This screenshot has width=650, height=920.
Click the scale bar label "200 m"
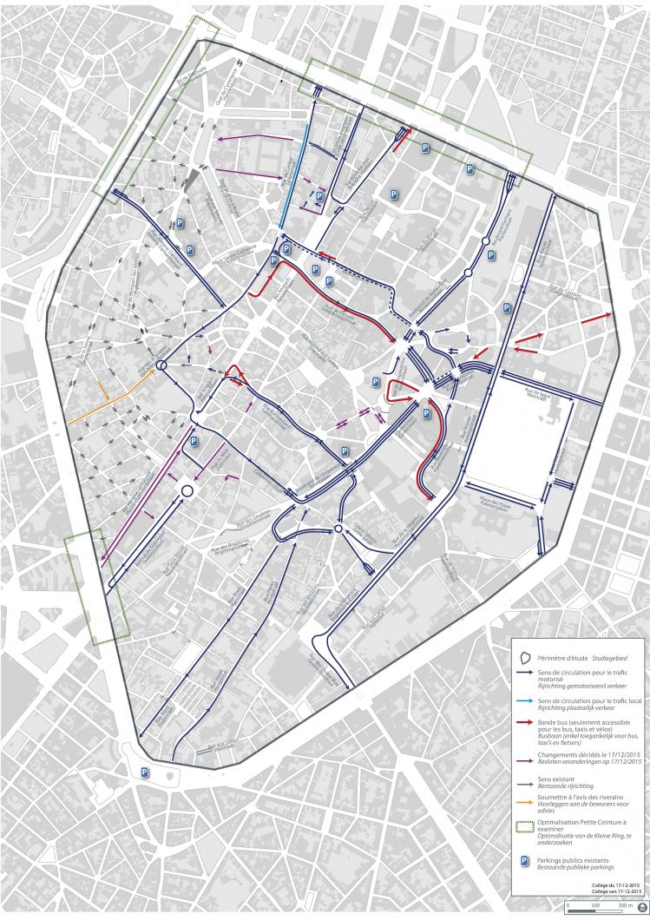pyautogui.click(x=622, y=904)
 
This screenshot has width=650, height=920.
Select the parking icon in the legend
pyautogui.click(x=523, y=857)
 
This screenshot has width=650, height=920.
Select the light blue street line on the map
pyautogui.click(x=294, y=174)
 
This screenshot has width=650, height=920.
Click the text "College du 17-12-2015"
pyautogui.click(x=620, y=884)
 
